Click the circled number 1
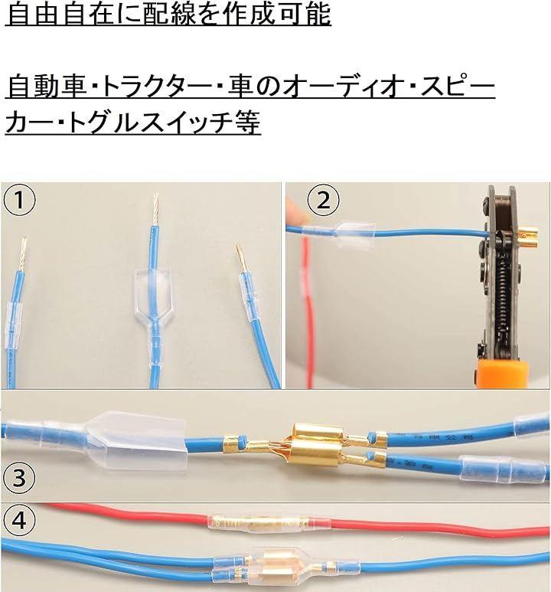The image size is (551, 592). [20, 200]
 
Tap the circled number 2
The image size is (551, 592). [323, 200]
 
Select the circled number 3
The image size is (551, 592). [20, 478]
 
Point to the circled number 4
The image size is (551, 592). [20, 521]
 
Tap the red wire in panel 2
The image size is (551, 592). [308, 309]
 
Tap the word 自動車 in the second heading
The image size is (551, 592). [45, 87]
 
